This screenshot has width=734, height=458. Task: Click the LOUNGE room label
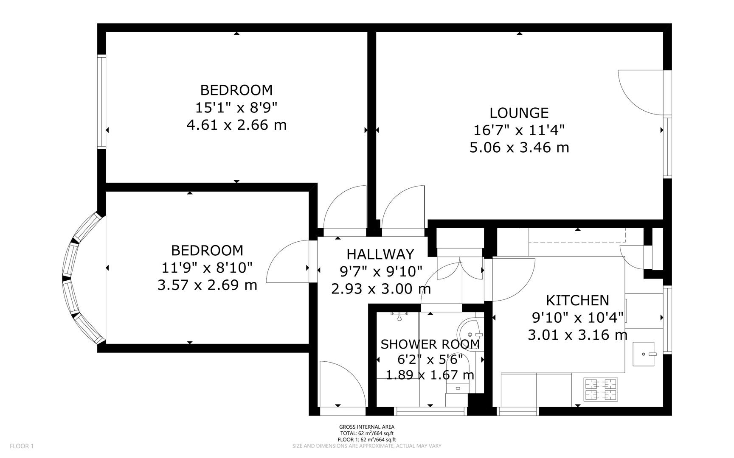click(x=519, y=113)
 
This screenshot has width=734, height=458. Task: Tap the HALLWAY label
click(x=380, y=254)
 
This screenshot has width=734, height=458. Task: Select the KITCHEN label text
click(x=577, y=300)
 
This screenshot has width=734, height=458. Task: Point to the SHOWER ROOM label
click(x=430, y=344)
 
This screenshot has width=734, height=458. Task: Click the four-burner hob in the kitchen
click(x=601, y=389)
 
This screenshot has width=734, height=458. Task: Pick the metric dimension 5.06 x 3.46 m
click(x=519, y=148)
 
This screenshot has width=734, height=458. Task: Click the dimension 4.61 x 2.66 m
click(x=236, y=125)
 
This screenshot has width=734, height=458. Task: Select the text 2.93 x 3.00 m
click(x=381, y=289)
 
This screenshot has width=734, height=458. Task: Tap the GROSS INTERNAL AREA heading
click(x=367, y=427)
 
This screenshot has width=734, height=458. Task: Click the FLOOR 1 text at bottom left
click(x=22, y=446)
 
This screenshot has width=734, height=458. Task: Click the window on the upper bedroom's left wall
click(x=101, y=102)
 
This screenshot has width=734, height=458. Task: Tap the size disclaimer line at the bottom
click(x=367, y=446)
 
